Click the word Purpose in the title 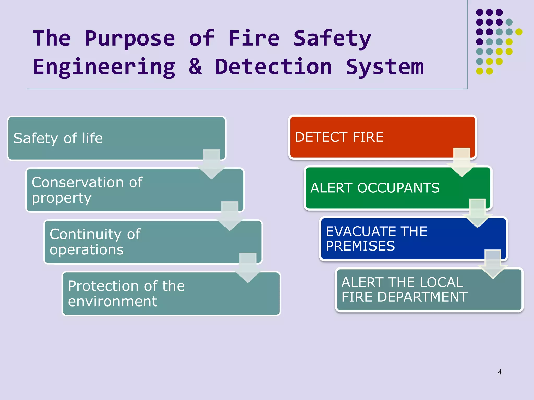coord(130,39)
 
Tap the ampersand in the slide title coord(195,67)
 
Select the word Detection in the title coord(273,67)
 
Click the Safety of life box coord(116,138)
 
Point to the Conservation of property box coord(135,190)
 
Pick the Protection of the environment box coord(171,294)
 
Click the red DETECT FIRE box coord(382,137)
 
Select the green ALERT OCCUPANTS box coord(398,188)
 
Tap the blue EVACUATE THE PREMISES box coord(413,239)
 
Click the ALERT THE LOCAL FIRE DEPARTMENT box coord(429,290)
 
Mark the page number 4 coord(500,372)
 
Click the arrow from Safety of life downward coord(211,164)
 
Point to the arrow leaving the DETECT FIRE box coord(462,163)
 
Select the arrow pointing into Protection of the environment coord(248,268)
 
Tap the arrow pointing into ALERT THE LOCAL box coord(493,264)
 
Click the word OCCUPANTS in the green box coord(398,188)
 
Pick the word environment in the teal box coord(112,302)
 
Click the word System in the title coord(385,67)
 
